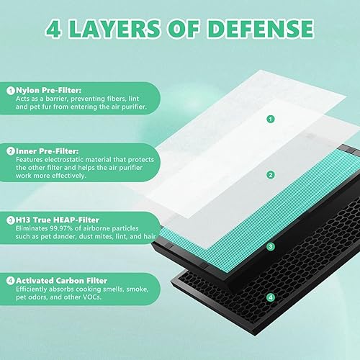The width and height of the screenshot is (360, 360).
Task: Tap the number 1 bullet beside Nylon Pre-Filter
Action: [11, 90]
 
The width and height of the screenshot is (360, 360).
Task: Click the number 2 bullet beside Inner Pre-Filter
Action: [11, 150]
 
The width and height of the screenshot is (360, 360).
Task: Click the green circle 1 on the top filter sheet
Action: [270, 120]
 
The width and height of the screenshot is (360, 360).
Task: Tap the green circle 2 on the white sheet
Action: [270, 174]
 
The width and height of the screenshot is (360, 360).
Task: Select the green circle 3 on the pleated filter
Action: [270, 246]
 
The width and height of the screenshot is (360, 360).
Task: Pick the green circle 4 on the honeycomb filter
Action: [270, 296]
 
